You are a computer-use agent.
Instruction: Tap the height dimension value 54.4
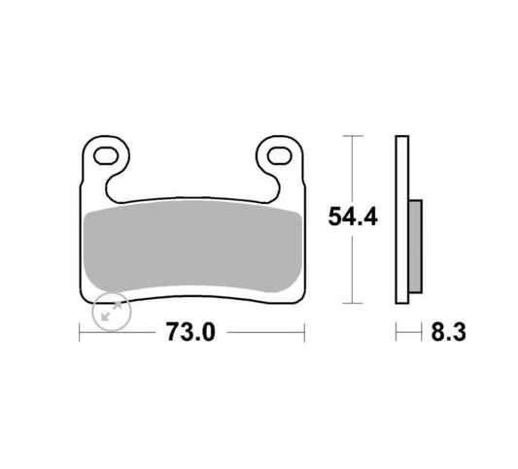pyautogui.click(x=351, y=218)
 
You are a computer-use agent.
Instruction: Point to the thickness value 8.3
pyautogui.click(x=447, y=332)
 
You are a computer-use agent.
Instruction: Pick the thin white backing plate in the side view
pyautogui.click(x=402, y=219)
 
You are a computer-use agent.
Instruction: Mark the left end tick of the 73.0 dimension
pyautogui.click(x=79, y=332)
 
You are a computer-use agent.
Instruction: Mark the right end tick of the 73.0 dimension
pyautogui.click(x=304, y=332)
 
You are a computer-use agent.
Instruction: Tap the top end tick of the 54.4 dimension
pyautogui.click(x=351, y=136)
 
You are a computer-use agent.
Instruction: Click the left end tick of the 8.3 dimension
pyautogui.click(x=397, y=332)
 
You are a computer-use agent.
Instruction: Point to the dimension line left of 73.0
pyautogui.click(x=119, y=332)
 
